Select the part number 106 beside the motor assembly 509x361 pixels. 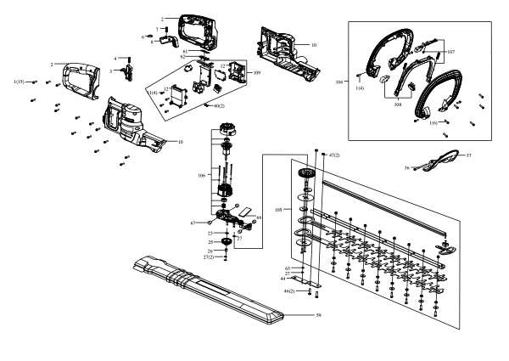point(201,176)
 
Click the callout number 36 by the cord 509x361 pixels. point(407,168)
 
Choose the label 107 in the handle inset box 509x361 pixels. point(450,52)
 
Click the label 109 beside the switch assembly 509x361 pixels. point(257,73)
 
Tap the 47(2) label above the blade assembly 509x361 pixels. point(333,155)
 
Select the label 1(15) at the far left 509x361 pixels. point(19,81)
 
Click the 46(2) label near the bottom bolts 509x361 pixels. point(288,291)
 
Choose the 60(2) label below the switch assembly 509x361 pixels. point(218,105)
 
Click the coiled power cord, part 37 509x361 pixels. point(442,158)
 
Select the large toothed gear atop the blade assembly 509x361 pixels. point(305,176)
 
